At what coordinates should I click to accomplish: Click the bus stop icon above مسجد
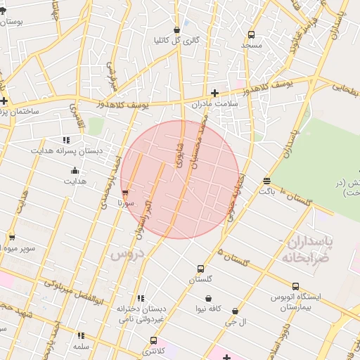(252, 34)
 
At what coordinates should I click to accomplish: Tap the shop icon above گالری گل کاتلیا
(176, 30)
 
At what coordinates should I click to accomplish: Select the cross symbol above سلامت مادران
(214, 92)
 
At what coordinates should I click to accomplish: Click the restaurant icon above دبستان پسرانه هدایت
(66, 140)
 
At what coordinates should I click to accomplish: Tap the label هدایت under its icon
(75, 181)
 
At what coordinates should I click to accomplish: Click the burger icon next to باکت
(266, 181)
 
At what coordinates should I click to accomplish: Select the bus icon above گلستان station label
(201, 269)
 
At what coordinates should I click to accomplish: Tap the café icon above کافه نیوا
(208, 298)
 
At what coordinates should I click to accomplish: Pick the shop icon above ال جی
(235, 311)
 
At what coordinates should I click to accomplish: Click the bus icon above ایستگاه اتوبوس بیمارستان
(295, 286)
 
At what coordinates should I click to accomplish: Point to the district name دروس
(127, 254)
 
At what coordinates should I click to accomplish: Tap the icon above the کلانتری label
(153, 340)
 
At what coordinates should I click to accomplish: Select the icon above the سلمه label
(81, 336)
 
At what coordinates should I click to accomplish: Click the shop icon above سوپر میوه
(11, 237)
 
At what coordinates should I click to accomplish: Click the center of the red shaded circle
(179, 179)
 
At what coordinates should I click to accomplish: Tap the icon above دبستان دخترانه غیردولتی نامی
(141, 298)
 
